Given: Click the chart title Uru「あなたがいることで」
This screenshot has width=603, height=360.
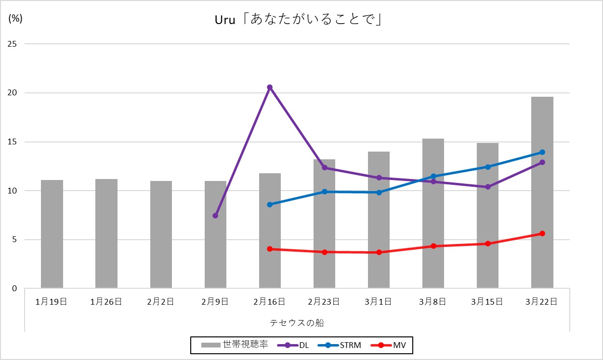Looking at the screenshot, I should (298, 21).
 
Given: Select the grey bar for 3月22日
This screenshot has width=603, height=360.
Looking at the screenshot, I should (542, 193).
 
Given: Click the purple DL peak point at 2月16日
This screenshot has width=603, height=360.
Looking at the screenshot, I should (270, 87).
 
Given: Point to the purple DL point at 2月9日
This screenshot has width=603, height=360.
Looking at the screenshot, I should (215, 216).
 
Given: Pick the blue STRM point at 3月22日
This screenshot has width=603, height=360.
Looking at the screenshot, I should (542, 152).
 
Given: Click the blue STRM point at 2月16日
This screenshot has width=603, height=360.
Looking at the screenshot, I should (270, 205).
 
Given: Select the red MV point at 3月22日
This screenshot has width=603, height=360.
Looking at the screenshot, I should (542, 233).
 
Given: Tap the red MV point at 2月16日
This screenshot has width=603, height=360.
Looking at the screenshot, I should (270, 249).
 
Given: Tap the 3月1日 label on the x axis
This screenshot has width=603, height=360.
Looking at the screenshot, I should (379, 302).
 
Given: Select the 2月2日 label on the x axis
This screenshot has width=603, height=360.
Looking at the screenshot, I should (161, 302).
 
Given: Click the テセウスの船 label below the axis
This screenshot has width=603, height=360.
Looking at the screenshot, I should (297, 322).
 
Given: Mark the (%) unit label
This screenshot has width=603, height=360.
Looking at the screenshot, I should (15, 19).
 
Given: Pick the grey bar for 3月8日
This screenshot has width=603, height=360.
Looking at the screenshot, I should (433, 214).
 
